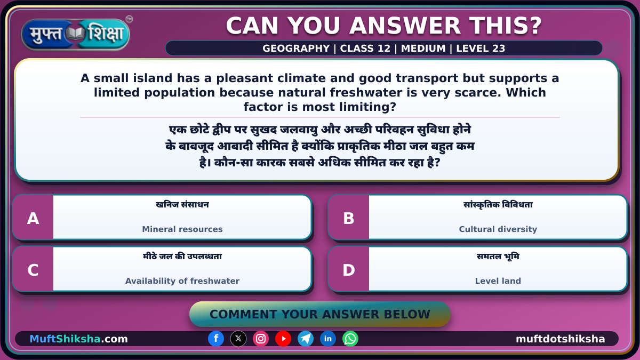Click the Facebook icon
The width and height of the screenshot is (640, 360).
pos(216,339)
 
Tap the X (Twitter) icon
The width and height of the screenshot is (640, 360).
pos(238,339)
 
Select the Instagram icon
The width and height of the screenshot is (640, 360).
pos(261,339)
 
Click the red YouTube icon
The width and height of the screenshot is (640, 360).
pos(283,339)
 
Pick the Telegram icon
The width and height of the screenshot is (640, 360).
pos(306,339)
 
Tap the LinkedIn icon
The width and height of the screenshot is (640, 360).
pos(327,339)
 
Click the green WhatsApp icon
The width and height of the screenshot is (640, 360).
pos(350,339)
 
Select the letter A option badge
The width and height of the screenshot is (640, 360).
pos(33,218)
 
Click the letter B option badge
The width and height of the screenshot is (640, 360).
pos(349,218)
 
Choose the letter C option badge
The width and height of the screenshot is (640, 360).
pos(33,269)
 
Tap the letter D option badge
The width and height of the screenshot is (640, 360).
pos(349,269)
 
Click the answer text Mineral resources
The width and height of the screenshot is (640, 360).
pos(182,229)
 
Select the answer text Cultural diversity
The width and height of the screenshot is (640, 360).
pos(498,229)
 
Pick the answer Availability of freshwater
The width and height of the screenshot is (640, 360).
pos(182,281)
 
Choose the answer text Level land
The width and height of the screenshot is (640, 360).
pos(498,281)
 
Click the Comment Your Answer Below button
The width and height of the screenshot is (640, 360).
pos(319,314)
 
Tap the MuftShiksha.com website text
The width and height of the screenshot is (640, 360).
pos(78,339)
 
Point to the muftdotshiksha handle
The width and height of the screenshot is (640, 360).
pos(561,339)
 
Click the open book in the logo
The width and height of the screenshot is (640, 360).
pos(75,34)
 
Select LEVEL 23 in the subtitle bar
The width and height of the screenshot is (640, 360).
pos(481,49)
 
